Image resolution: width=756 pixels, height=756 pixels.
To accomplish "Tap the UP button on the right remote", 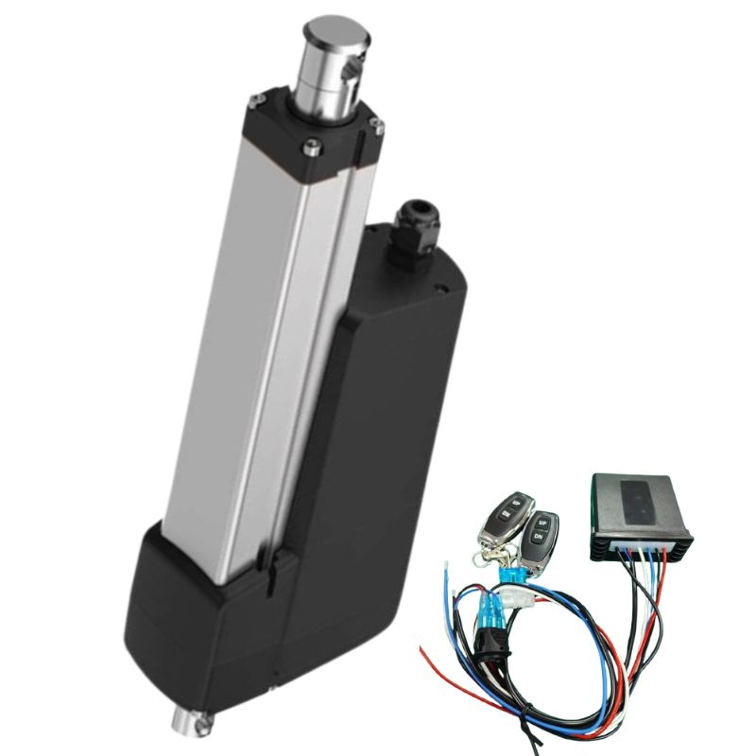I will point(542,522).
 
